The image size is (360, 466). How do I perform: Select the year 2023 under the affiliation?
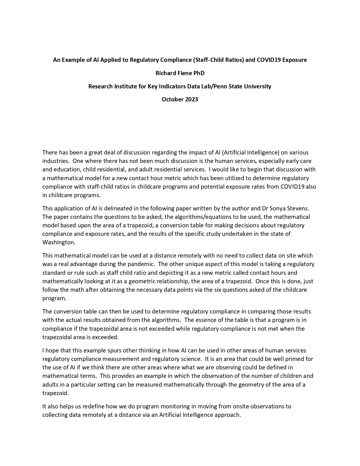click(191, 99)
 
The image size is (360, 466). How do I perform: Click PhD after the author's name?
click(199, 73)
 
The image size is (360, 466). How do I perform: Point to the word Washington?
click(58, 242)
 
